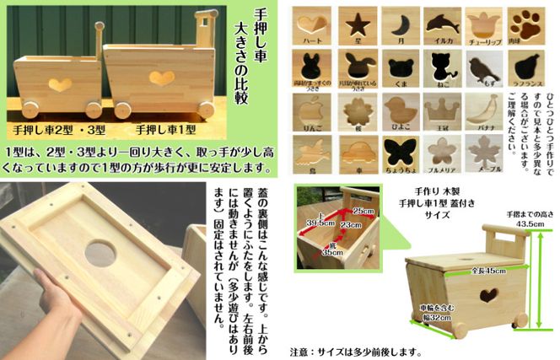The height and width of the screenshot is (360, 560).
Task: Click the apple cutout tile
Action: (314, 108)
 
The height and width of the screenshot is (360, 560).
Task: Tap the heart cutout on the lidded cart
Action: (488, 294)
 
